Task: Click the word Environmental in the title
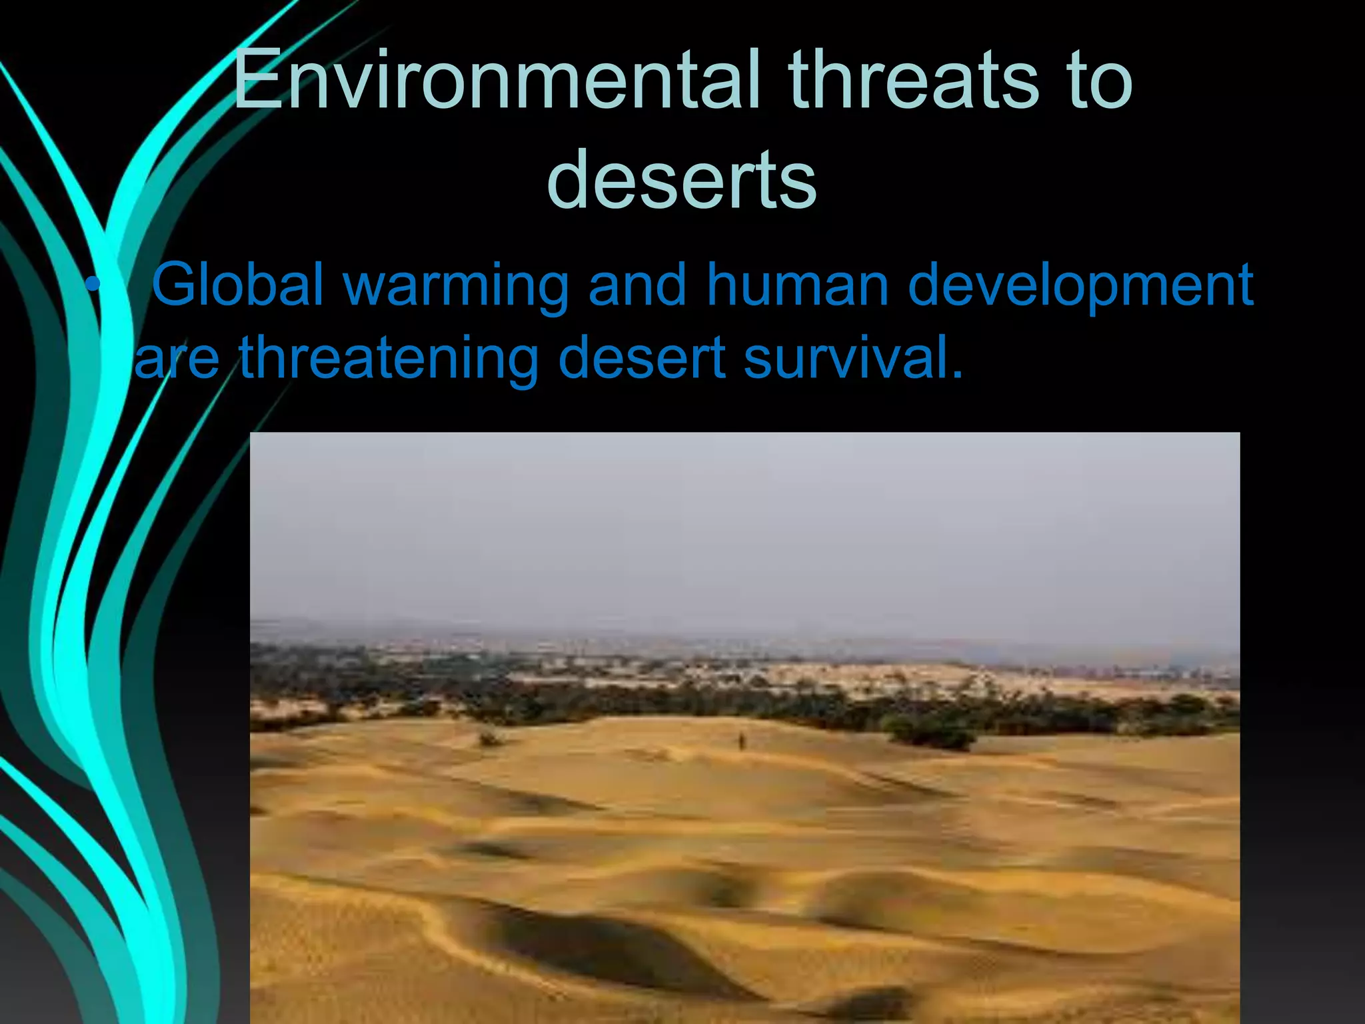[x=497, y=80]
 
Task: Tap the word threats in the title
[x=913, y=80]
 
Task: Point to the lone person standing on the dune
[x=740, y=740]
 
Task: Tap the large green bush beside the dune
[x=933, y=733]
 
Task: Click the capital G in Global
[x=175, y=285]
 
